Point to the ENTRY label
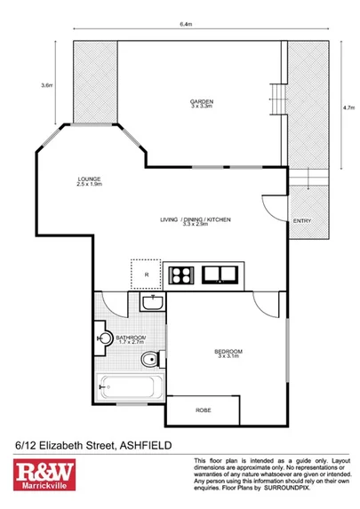pos(301,221)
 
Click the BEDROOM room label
pos(228,353)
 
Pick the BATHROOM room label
pos(130,338)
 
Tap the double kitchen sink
pos(219,274)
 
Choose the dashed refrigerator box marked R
pos(145,273)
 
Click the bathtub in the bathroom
pos(130,387)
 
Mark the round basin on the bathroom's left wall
pos(105,338)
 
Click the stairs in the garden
pos(277,96)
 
